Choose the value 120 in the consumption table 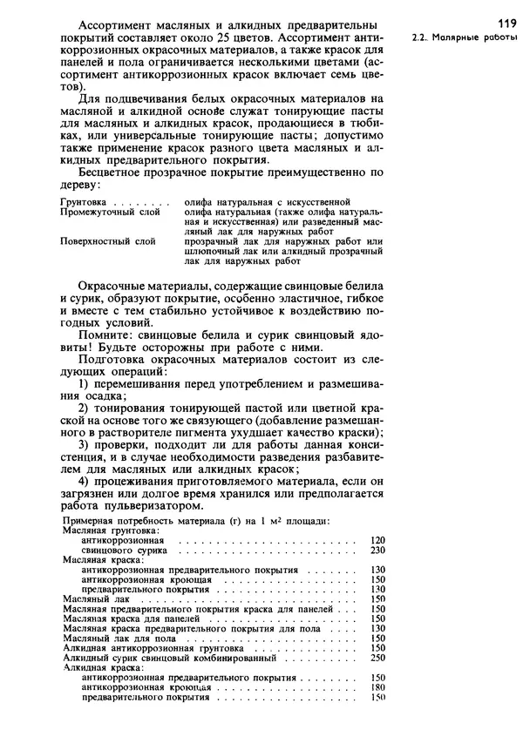(377, 540)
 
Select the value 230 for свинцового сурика (377, 551)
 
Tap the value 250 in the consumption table (377, 658)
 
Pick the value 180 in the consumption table (377, 687)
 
